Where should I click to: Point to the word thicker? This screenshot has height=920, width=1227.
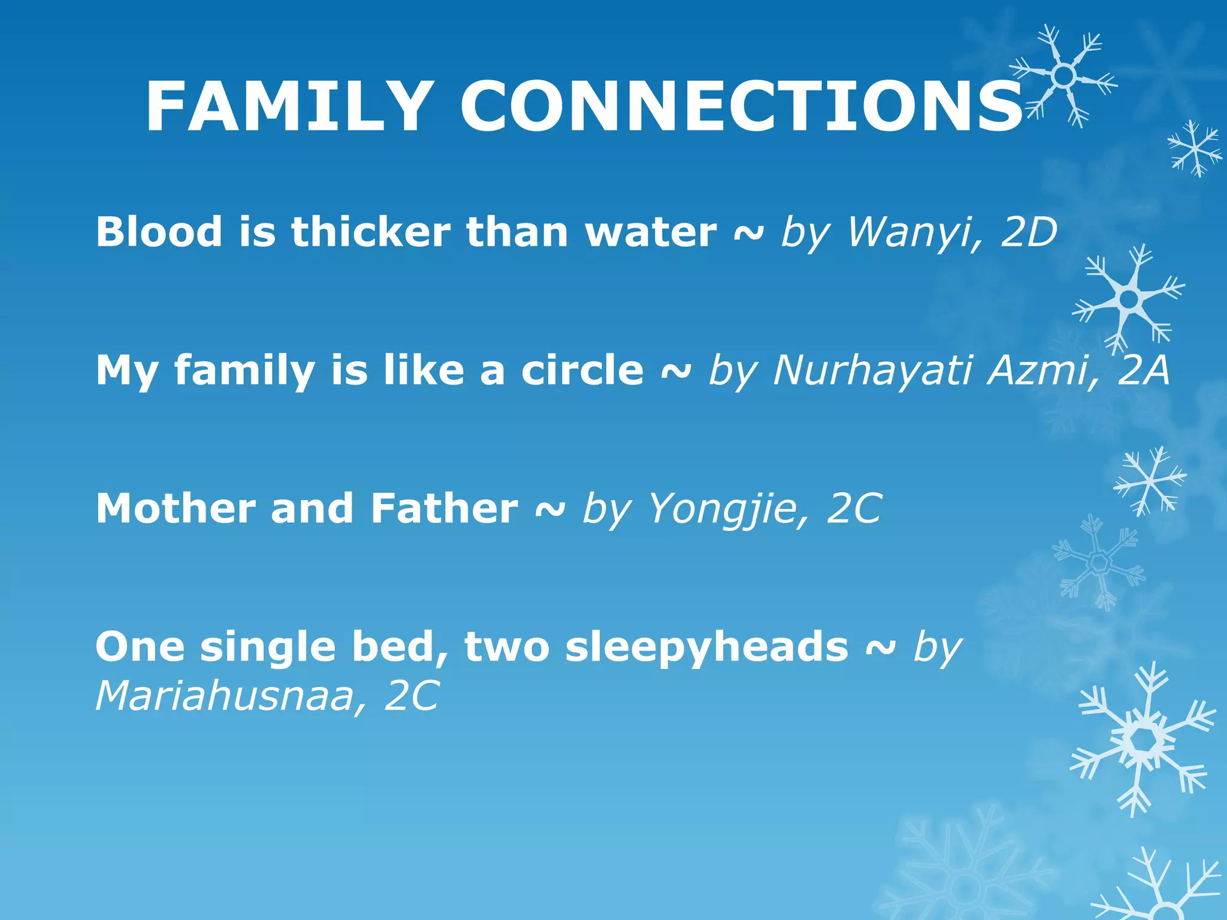click(371, 232)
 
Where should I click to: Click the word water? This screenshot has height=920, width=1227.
click(651, 232)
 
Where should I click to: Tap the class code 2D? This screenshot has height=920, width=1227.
click(1029, 232)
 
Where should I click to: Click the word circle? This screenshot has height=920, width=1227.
click(582, 370)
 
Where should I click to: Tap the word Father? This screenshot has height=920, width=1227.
click(444, 508)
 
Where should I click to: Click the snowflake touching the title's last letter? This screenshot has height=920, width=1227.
click(1063, 76)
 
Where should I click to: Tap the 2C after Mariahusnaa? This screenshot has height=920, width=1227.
click(412, 696)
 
